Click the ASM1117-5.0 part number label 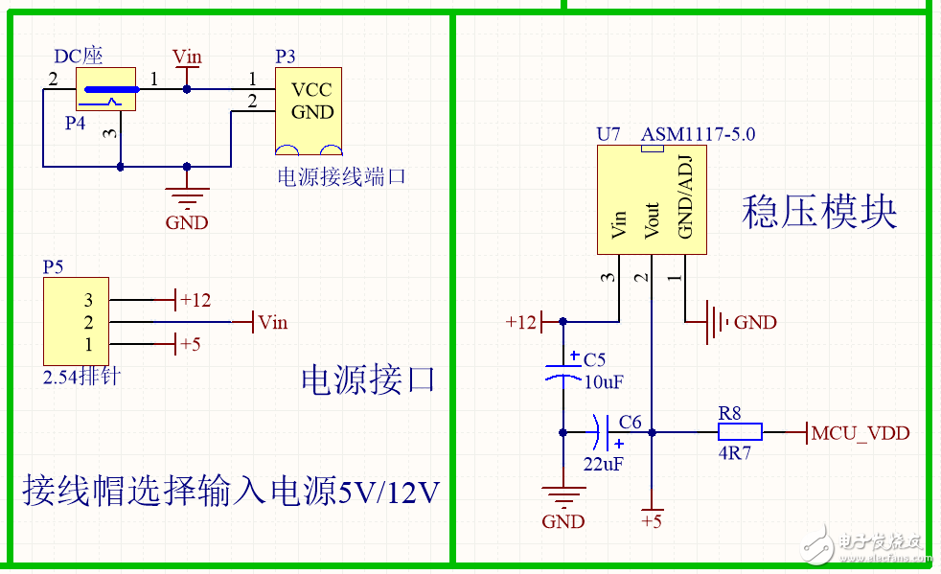pyautogui.click(x=698, y=134)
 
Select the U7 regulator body pyautogui.click(x=652, y=200)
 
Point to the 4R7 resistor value pyautogui.click(x=735, y=453)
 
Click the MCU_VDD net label pyautogui.click(x=860, y=433)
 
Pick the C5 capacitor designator pyautogui.click(x=595, y=360)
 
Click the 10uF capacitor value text pyautogui.click(x=604, y=381)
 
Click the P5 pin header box pyautogui.click(x=76, y=322)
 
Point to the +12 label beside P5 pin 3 pyautogui.click(x=195, y=300)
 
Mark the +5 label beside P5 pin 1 pyautogui.click(x=191, y=344)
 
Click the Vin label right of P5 pyautogui.click(x=273, y=322)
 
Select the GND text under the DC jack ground pyautogui.click(x=187, y=223)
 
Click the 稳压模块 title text pyautogui.click(x=819, y=212)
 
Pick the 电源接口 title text pyautogui.click(x=368, y=380)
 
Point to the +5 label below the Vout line pyautogui.click(x=652, y=522)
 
